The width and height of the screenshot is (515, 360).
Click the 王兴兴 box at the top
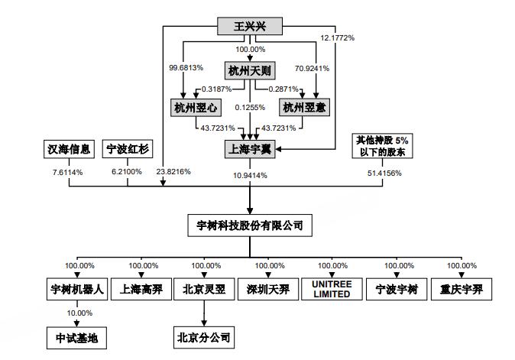point(250,28)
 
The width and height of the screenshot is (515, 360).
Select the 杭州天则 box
point(250,70)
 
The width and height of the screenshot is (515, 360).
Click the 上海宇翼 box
point(250,148)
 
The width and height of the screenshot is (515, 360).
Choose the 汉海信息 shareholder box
point(66,148)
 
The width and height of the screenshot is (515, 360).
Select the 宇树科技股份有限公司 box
point(250,225)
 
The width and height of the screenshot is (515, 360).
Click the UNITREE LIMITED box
point(331,290)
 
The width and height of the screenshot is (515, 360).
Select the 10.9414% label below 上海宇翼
point(250,175)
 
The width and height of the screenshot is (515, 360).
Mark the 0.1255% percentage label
point(250,107)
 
